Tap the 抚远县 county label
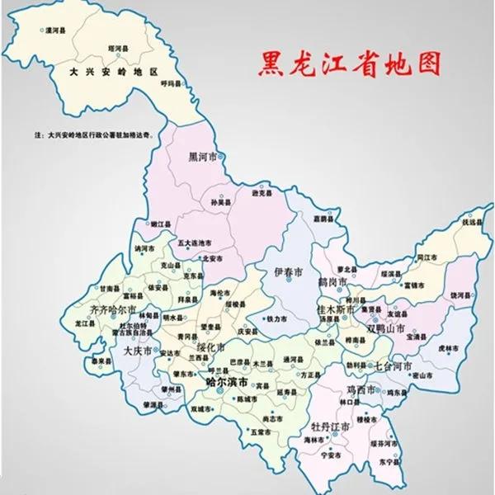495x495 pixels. pos(471,223)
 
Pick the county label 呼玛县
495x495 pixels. pos(171,83)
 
